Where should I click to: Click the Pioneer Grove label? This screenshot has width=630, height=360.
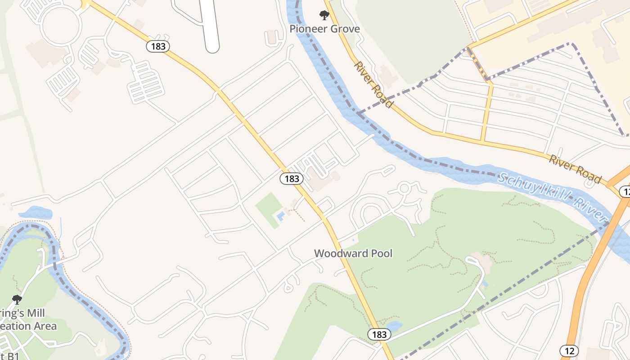pos(324,29)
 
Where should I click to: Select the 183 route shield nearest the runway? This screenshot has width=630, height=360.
pos(157,46)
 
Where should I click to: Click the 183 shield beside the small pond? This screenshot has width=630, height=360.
pos(379,334)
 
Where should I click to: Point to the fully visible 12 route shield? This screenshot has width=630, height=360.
pos(569,350)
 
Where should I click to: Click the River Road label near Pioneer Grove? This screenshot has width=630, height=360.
pos(373,85)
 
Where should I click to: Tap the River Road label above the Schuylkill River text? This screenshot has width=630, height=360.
pos(575,169)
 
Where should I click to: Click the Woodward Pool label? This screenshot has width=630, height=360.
pos(353,253)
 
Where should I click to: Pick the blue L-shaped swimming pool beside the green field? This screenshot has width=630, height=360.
pos(281,216)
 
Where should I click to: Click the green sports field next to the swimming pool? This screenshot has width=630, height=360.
pos(269,209)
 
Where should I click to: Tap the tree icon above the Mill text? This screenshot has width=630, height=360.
pos(17,299)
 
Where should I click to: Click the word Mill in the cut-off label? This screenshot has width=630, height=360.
pos(36,313)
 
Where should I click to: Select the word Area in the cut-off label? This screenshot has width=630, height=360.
pos(44,326)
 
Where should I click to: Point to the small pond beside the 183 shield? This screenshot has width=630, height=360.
pos(394,326)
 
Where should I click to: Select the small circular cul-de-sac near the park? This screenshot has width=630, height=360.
pos(404,188)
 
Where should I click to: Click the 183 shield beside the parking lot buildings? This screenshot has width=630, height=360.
pos(292,179)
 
